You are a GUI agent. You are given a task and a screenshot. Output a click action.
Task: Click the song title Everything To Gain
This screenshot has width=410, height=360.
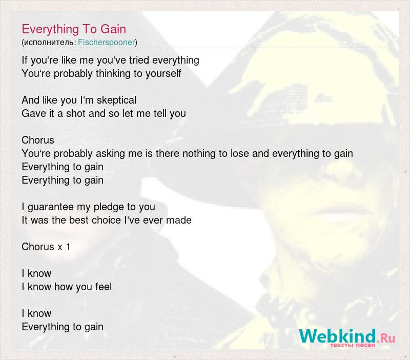pos(74,29)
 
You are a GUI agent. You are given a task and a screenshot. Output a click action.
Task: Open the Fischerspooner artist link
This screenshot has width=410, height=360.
pos(107,42)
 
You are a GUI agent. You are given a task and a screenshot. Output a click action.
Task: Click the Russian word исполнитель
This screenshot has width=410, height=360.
pos(49,43)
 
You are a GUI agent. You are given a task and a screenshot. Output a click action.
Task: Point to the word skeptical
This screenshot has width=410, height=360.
pos(116,100)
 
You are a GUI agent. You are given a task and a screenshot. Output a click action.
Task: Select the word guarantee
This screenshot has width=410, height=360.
pos(50,207)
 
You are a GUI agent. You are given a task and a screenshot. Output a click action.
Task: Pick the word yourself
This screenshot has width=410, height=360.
pos(163,73)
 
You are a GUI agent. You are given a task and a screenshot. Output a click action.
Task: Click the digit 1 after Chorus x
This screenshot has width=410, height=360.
pos(68,247)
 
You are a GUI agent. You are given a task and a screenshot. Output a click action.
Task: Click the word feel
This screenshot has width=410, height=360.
pos(104,287)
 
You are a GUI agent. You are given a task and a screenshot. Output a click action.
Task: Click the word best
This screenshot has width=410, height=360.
pos(77,221)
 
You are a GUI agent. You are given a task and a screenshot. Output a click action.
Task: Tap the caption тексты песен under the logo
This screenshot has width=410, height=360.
pos(353,345)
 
